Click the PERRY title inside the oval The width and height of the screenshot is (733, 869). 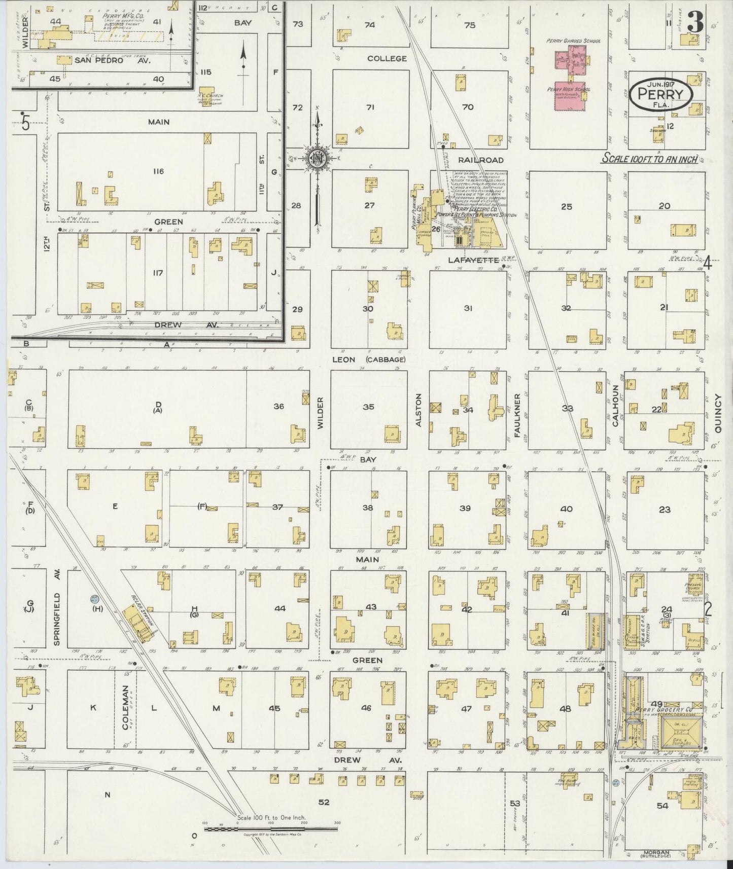coord(660,94)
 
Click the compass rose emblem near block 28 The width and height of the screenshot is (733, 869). coord(317,158)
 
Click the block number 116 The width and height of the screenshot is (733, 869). coord(158,171)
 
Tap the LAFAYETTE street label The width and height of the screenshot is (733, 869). coord(467,260)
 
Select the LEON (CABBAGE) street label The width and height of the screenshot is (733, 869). coord(369,359)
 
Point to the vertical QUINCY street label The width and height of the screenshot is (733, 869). coord(718,413)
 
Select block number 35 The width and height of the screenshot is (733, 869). coord(369,407)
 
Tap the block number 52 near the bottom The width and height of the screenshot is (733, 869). coord(324,802)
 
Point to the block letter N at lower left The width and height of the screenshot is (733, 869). coord(107,794)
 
